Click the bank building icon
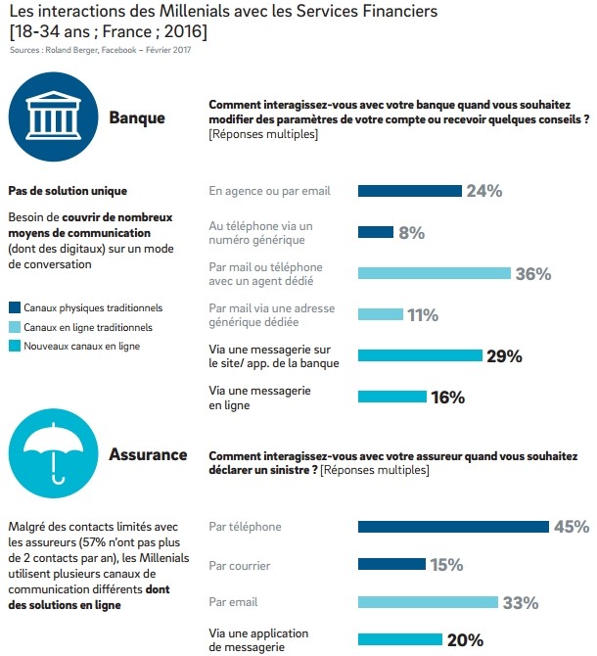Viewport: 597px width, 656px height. [53, 116]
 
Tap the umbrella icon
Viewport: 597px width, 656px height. [53, 451]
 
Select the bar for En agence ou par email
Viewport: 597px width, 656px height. [410, 191]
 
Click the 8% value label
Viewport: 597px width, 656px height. [411, 233]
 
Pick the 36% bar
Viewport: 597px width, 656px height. [434, 273]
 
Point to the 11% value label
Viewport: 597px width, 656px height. [423, 314]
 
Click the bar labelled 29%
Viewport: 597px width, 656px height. [420, 355]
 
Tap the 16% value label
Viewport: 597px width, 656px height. [448, 398]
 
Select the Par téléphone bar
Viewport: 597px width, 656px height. [453, 527]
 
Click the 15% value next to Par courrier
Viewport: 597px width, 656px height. [446, 565]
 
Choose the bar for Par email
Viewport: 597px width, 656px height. [428, 602]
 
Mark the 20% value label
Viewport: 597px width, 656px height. [465, 639]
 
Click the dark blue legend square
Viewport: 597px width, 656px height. [15, 307]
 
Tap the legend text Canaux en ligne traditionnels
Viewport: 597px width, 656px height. [88, 327]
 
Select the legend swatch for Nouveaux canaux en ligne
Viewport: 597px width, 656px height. [15, 346]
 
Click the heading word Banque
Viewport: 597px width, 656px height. [137, 117]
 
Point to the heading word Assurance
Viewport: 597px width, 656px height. [148, 454]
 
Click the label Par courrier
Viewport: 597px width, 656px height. [240, 566]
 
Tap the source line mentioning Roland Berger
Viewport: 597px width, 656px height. [101, 50]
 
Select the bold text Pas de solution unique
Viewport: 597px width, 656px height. [68, 191]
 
